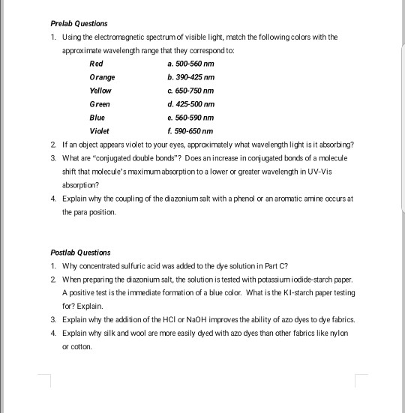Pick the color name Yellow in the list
pyautogui.click(x=100, y=91)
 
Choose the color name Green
pyautogui.click(x=99, y=104)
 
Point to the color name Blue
pyautogui.click(x=97, y=118)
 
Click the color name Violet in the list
pyautogui.click(x=99, y=131)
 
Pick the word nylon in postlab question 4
pyautogui.click(x=343, y=332)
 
